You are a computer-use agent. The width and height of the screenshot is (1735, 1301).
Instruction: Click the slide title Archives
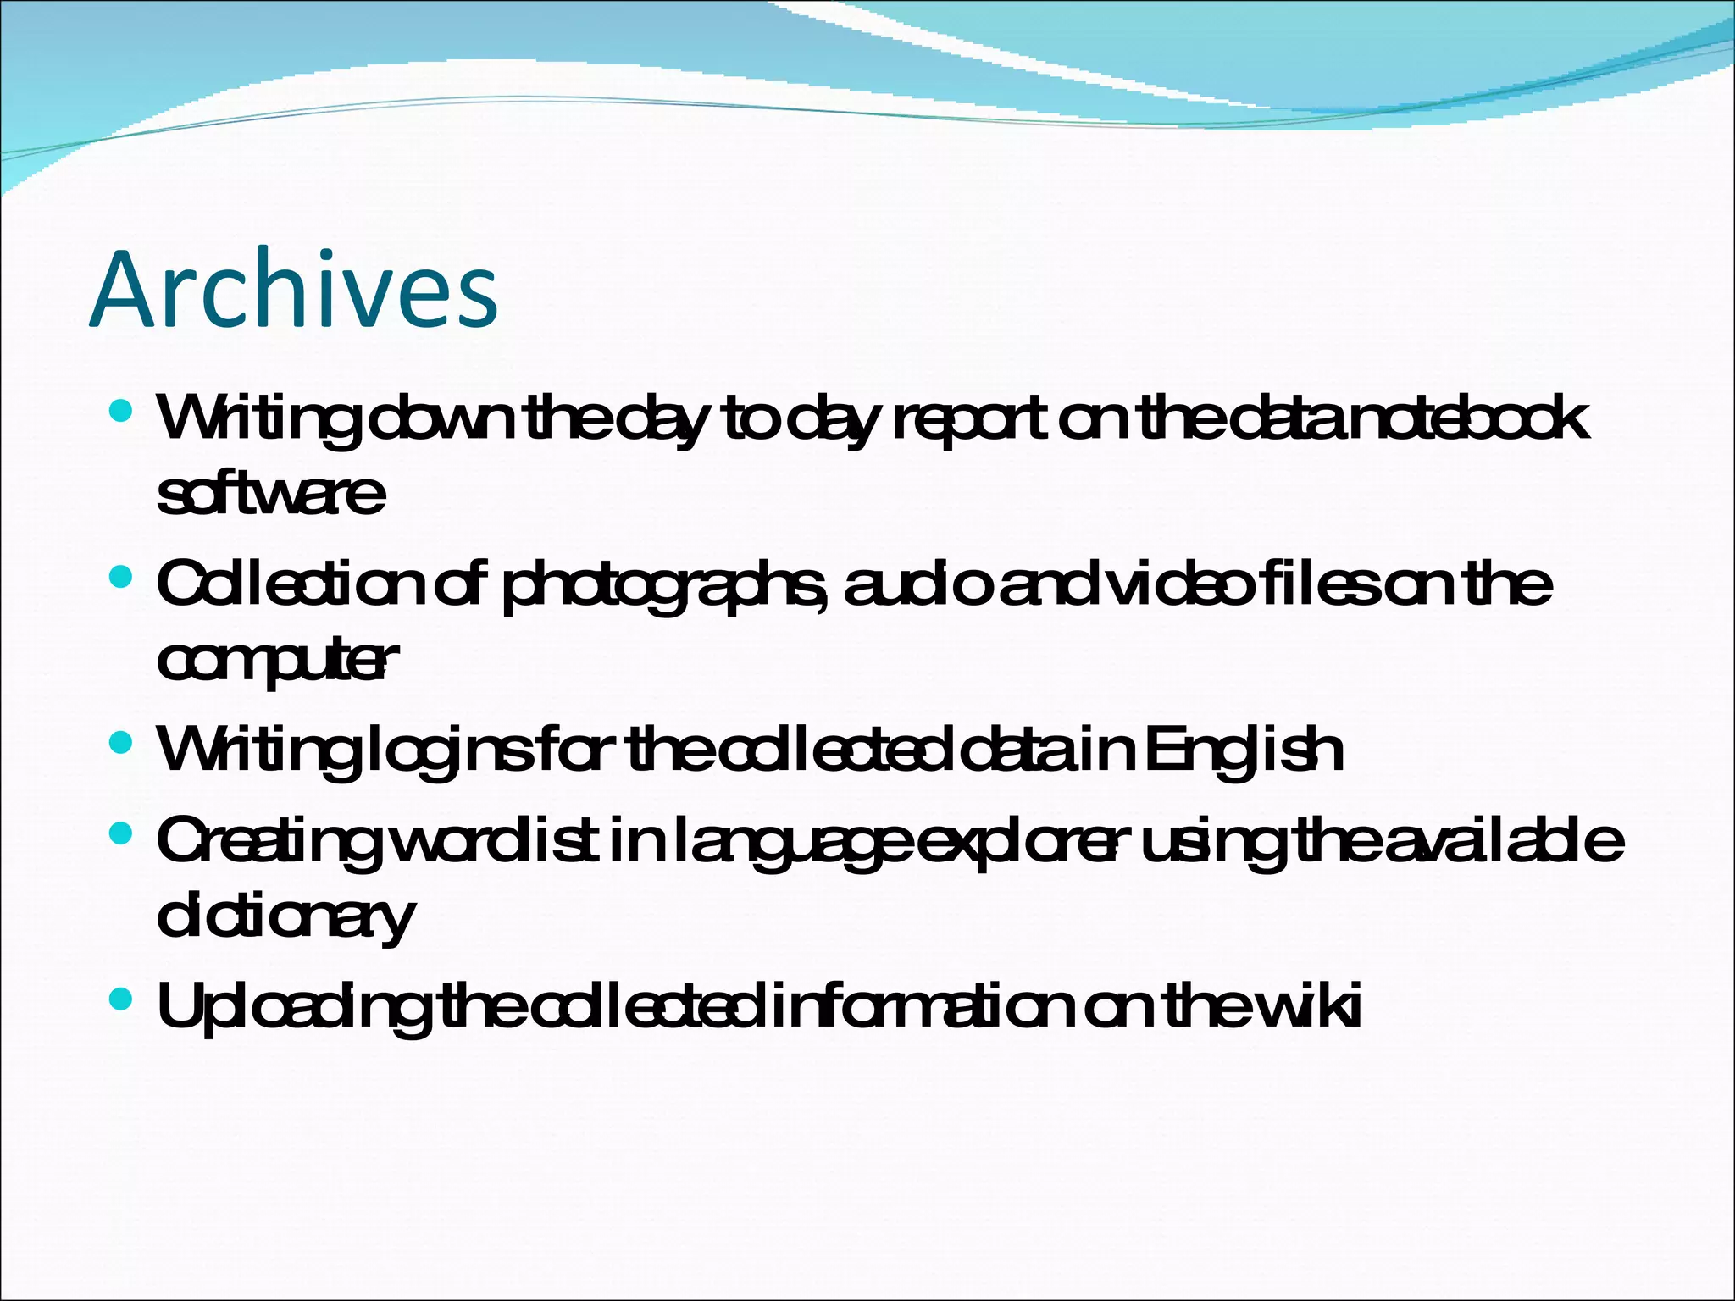tap(294, 290)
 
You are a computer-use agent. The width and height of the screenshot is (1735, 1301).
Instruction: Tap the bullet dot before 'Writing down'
tap(122, 412)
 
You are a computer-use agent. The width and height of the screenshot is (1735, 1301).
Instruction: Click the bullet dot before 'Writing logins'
tap(122, 743)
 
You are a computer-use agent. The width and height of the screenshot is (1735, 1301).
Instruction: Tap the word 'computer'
tap(277, 662)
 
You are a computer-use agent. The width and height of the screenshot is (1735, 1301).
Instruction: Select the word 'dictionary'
tap(285, 917)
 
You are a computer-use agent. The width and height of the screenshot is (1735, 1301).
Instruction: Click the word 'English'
tap(1244, 750)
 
